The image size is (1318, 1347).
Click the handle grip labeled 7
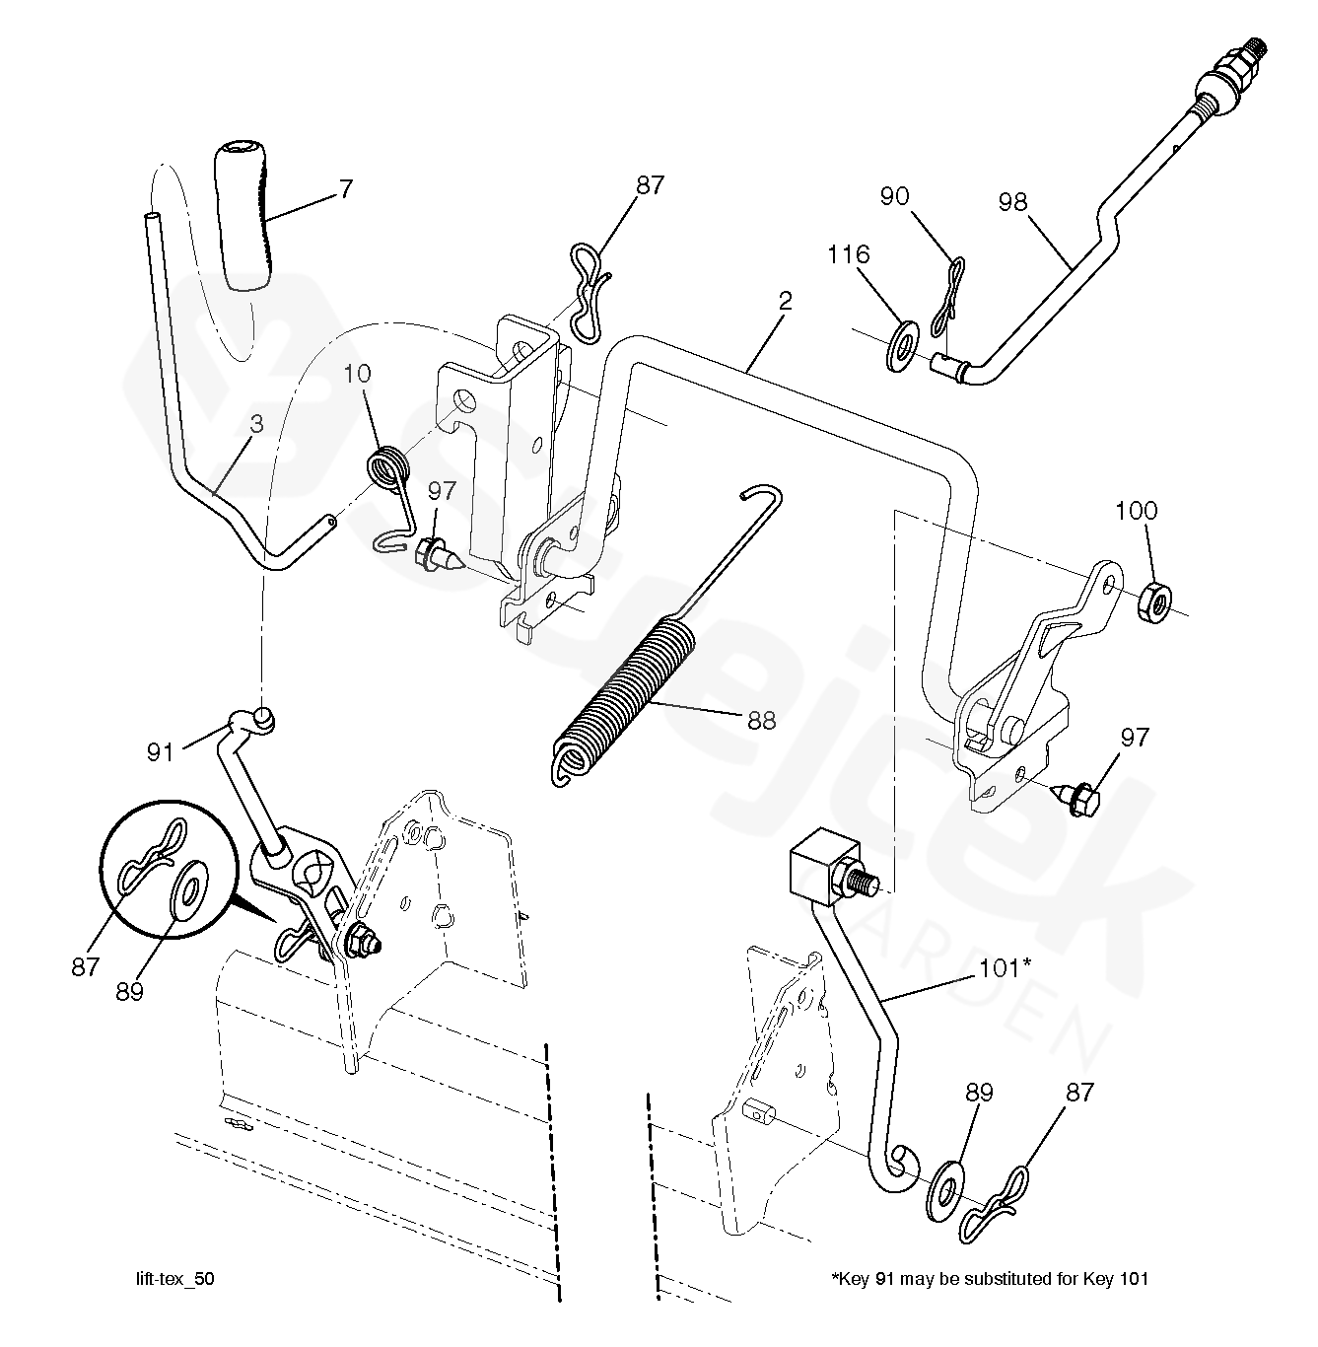(242, 216)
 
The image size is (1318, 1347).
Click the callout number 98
(1012, 202)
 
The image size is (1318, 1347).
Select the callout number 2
(785, 301)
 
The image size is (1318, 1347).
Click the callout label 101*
(1005, 968)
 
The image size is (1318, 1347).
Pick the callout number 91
(160, 752)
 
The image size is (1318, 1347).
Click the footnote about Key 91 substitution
(991, 1279)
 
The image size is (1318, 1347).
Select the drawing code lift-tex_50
(174, 1279)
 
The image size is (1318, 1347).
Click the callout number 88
(761, 721)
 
